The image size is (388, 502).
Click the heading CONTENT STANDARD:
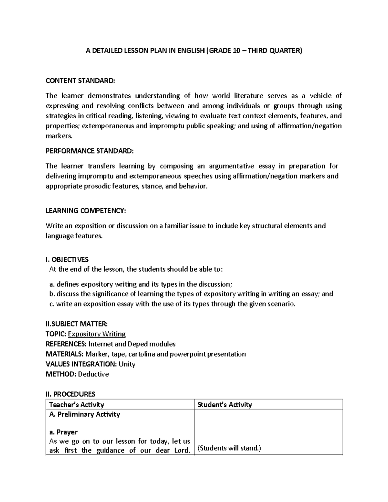(80, 80)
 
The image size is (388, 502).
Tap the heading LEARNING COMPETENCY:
(85, 211)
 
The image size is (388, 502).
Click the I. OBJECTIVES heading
(67, 260)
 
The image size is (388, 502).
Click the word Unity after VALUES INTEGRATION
(127, 364)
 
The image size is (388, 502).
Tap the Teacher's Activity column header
(76, 404)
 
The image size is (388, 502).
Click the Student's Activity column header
(224, 404)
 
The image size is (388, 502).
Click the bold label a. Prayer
(63, 432)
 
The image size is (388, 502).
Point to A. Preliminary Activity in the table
(84, 414)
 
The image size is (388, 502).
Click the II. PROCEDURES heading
(70, 394)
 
